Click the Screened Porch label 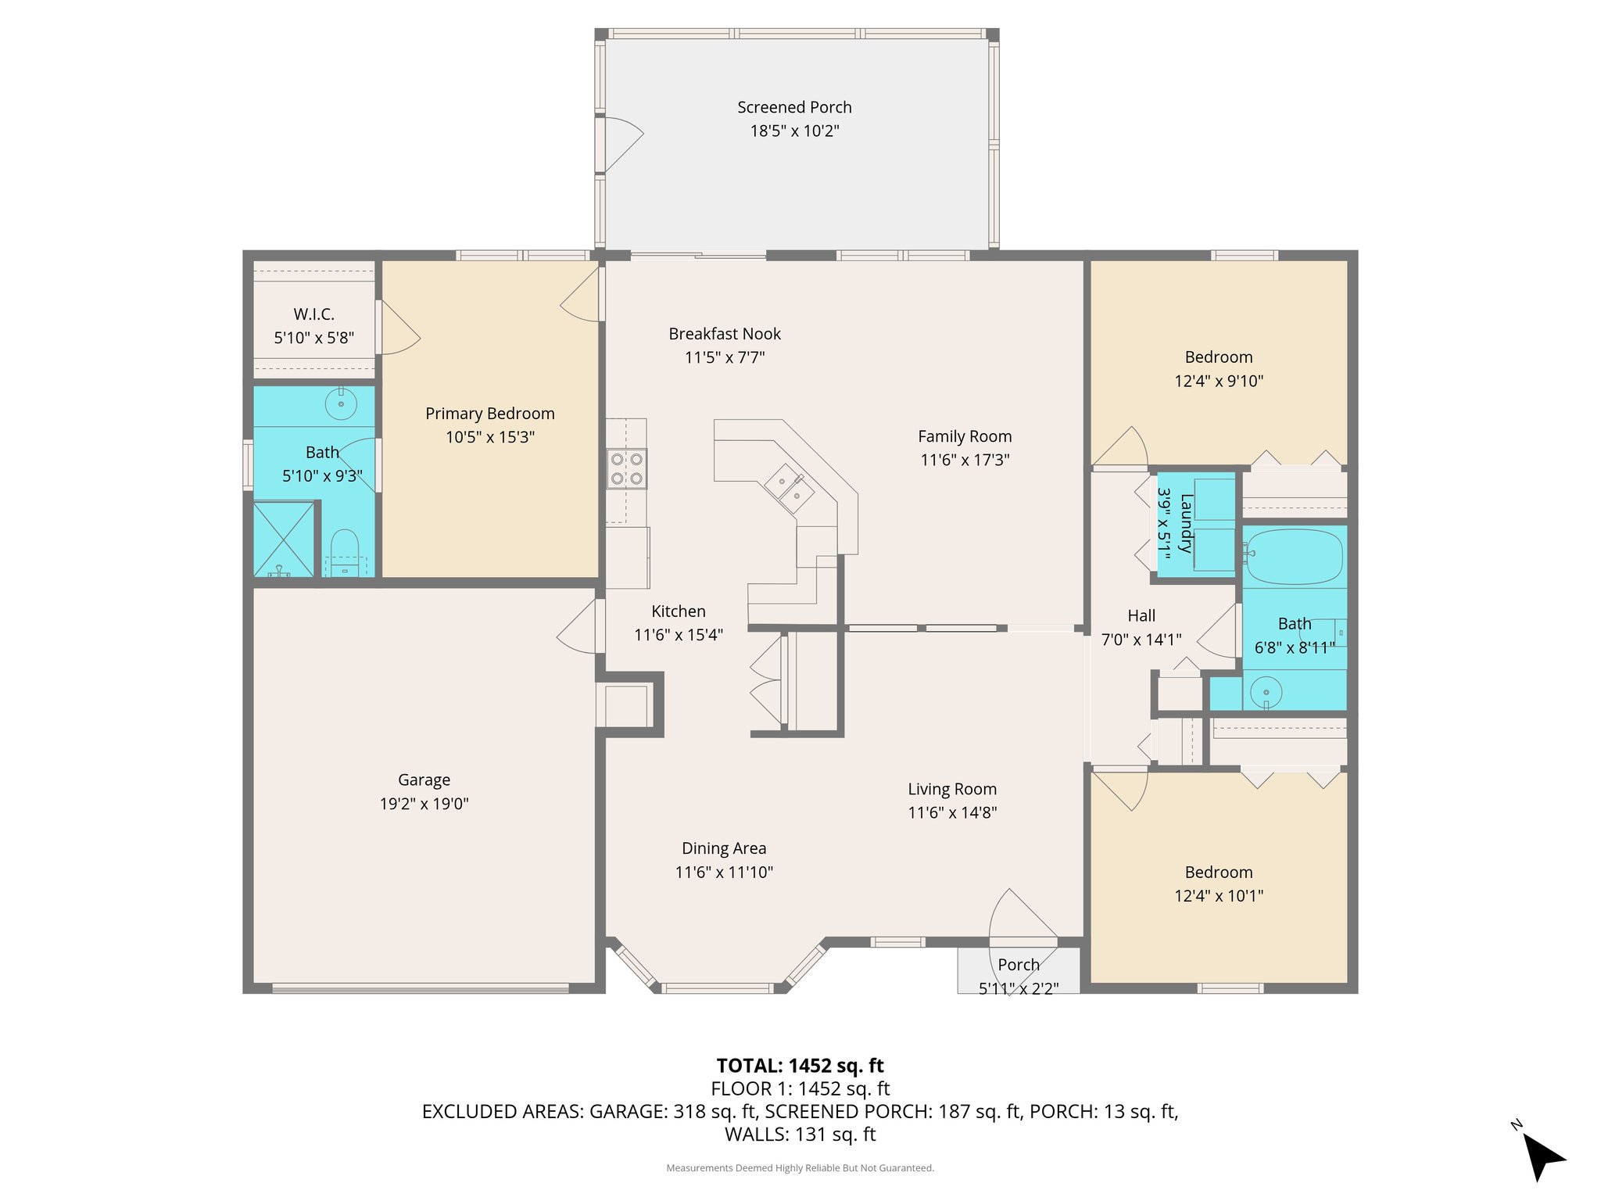[x=794, y=107]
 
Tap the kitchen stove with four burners [x=626, y=468]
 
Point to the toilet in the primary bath [x=345, y=554]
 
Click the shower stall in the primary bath [x=283, y=540]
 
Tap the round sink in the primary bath [x=341, y=404]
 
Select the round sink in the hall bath [x=1266, y=692]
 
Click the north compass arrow [x=1542, y=1156]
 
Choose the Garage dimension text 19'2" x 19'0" [x=424, y=803]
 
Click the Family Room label [x=965, y=436]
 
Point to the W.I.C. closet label [x=314, y=314]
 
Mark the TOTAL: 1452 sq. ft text [x=800, y=1066]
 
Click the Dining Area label [x=724, y=848]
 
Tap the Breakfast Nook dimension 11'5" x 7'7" [x=725, y=357]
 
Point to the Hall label [x=1141, y=616]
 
